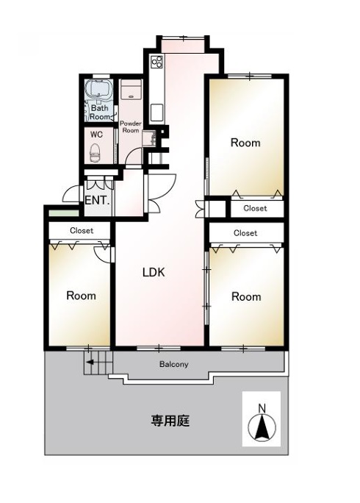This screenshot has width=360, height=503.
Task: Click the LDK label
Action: pyautogui.click(x=154, y=272)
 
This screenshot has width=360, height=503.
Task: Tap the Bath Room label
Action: pyautogui.click(x=101, y=113)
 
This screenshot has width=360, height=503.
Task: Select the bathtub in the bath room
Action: pyautogui.click(x=98, y=91)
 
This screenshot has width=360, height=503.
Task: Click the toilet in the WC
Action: pyautogui.click(x=95, y=154)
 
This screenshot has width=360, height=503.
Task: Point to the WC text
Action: pyautogui.click(x=96, y=135)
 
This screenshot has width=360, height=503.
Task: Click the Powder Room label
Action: pyautogui.click(x=131, y=127)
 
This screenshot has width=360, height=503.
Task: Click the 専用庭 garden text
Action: pyautogui.click(x=171, y=421)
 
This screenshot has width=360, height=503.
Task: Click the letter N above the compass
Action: pyautogui.click(x=262, y=408)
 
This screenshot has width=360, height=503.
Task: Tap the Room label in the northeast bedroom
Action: pyautogui.click(x=245, y=143)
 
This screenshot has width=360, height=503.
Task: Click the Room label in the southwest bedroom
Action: pyautogui.click(x=81, y=296)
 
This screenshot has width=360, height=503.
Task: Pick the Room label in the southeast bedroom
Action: pyautogui.click(x=246, y=296)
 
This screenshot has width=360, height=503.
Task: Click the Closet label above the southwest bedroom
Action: pyautogui.click(x=82, y=231)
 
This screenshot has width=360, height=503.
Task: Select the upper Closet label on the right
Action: pyautogui.click(x=255, y=209)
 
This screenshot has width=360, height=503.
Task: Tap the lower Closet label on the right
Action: pyautogui.click(x=245, y=233)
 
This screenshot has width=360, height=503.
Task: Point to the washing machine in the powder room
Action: pyautogui.click(x=131, y=91)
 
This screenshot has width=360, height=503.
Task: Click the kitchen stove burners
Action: pyautogui.click(x=156, y=61)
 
